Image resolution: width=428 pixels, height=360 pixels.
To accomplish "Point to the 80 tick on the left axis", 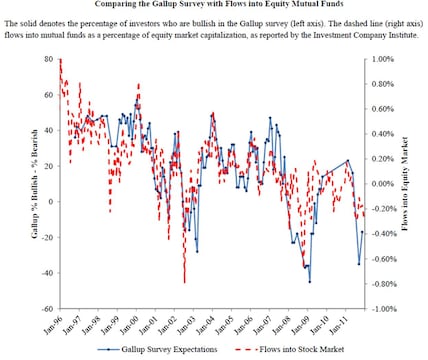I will point(46,59).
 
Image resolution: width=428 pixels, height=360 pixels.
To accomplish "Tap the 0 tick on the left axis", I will point(49,202).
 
